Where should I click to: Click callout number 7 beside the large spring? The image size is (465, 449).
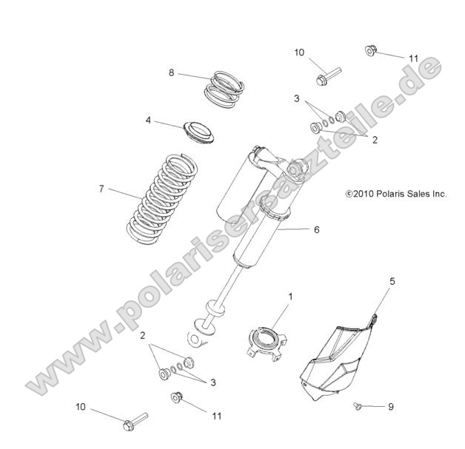coord(101,189)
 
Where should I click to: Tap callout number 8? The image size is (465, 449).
coord(172,72)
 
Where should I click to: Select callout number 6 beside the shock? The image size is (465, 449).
coord(316,230)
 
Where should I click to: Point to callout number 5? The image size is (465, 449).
coord(393,281)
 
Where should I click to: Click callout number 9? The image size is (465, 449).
coord(392,407)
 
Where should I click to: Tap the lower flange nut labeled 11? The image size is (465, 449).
coord(177,396)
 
